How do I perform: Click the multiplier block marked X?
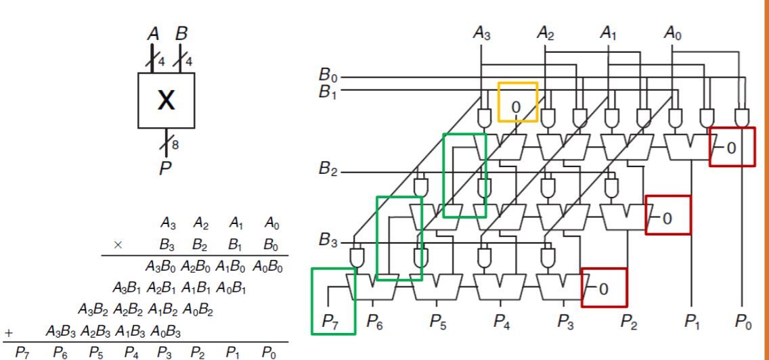coord(166,101)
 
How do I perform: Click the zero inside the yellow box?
coord(517,107)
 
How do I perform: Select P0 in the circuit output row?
coord(743,323)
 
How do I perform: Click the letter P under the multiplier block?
coord(164,168)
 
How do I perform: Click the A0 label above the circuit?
coord(672,33)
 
